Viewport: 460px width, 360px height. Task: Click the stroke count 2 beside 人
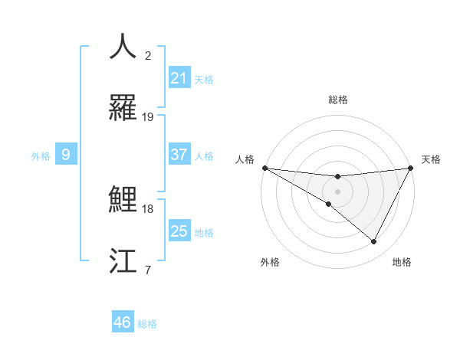[148, 55]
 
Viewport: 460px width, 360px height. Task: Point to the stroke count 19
[148, 117]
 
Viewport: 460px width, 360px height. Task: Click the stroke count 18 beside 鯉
[148, 208]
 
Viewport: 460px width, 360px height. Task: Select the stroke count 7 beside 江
[148, 269]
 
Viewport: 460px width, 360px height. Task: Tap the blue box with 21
[179, 78]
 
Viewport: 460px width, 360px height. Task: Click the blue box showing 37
[179, 155]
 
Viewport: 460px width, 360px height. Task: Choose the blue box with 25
[179, 231]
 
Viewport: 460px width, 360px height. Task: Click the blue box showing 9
[66, 155]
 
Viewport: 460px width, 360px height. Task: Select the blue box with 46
[123, 322]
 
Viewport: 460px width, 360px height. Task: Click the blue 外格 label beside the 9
[41, 155]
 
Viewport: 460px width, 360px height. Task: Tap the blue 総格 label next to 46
[147, 324]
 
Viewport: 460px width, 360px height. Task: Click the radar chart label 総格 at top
[337, 100]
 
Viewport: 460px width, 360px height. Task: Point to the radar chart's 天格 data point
[411, 168]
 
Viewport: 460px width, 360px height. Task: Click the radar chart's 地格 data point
[374, 242]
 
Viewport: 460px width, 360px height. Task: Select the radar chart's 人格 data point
[264, 168]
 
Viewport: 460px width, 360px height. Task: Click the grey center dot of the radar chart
[337, 191]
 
